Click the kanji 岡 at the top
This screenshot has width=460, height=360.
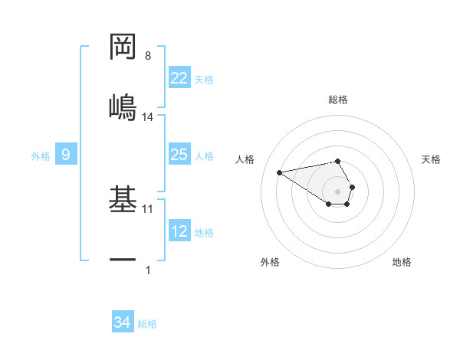tap(123, 47)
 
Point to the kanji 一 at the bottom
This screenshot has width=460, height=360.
tap(123, 261)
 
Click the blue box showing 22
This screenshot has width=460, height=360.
tap(179, 78)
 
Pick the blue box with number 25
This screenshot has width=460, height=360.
tap(179, 155)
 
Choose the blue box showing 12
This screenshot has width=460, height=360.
tap(179, 232)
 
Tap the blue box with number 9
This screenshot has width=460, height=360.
tap(66, 155)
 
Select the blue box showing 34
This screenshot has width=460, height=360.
tap(122, 323)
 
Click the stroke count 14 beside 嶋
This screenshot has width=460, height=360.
tap(148, 117)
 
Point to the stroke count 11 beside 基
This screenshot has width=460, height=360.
tap(148, 208)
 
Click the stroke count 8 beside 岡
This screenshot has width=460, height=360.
tap(148, 56)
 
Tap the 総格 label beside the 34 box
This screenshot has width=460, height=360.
tap(147, 324)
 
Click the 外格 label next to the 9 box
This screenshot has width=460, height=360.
tap(41, 156)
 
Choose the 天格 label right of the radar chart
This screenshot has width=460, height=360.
tap(431, 159)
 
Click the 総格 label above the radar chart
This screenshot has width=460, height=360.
tap(338, 100)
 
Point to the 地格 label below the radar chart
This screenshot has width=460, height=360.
tap(402, 262)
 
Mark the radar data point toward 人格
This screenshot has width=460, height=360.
tap(280, 172)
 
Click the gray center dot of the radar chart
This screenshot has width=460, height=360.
tap(337, 190)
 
